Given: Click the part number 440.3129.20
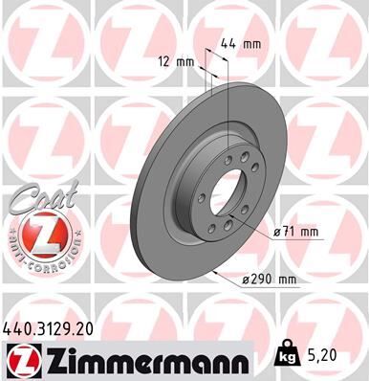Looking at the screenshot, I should pyautogui.click(x=52, y=327).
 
